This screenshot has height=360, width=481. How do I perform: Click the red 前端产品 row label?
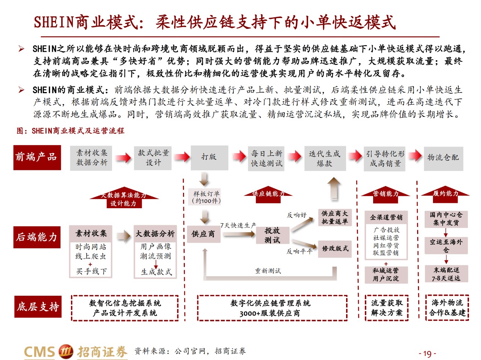(x=37, y=157)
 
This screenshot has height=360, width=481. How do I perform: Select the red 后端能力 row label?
(x=37, y=237)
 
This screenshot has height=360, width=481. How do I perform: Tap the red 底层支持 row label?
(x=38, y=307)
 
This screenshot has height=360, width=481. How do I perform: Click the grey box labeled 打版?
(x=209, y=158)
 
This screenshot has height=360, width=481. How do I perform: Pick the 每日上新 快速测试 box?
(x=266, y=159)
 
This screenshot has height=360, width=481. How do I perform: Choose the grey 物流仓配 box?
(x=443, y=159)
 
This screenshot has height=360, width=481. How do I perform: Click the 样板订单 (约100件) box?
(x=204, y=197)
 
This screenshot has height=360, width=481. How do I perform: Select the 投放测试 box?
(x=272, y=235)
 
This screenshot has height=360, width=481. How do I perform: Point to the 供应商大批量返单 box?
(x=335, y=217)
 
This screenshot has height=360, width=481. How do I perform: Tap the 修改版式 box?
(x=335, y=249)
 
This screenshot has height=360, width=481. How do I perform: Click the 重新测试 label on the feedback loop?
(x=268, y=271)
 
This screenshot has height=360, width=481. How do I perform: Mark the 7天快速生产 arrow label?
(x=238, y=225)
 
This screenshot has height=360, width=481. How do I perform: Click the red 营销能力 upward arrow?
(x=385, y=195)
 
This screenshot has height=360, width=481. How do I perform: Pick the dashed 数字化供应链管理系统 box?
(x=272, y=308)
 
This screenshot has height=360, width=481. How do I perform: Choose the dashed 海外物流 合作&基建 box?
(x=447, y=308)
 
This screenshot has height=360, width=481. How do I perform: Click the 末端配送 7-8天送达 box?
(x=446, y=274)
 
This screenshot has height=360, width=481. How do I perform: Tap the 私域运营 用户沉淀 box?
(x=386, y=275)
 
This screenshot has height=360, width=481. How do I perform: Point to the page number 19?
(x=427, y=354)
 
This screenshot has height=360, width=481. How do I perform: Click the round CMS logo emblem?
(x=66, y=352)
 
